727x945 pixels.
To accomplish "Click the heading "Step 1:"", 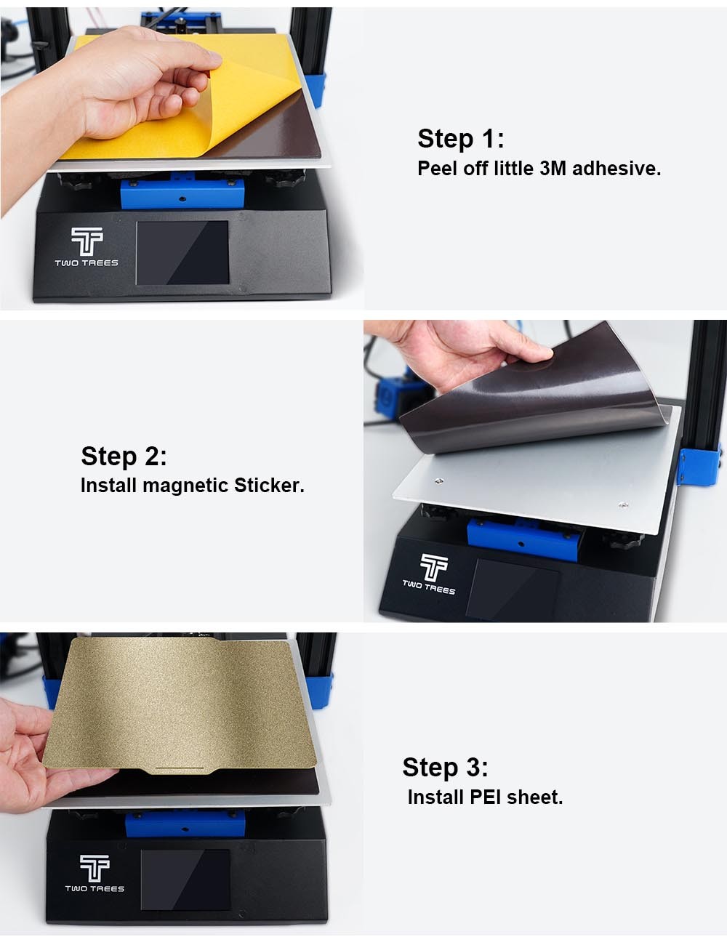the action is coord(460,139).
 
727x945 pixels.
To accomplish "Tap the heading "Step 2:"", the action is coord(124,457).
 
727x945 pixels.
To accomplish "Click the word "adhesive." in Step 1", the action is coord(616,169).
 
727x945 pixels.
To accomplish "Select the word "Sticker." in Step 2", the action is coord(269,486).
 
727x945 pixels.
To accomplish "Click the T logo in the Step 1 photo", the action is coord(87,241).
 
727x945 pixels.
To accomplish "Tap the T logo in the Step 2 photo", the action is coord(433,567).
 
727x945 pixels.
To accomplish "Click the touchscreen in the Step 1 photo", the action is coord(182,253).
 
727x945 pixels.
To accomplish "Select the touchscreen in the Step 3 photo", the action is coord(185,879).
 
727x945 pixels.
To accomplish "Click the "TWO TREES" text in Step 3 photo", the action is coord(95,889).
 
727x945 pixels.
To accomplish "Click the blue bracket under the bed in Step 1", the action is coord(182,191).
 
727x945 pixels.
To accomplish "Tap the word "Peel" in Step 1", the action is coord(437,169).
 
